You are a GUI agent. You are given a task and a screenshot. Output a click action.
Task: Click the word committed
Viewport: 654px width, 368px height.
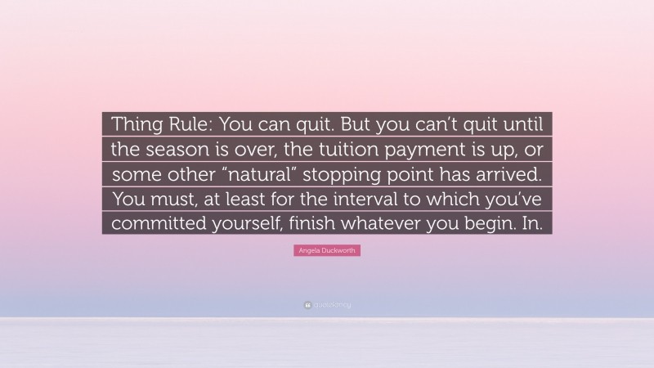click(x=154, y=222)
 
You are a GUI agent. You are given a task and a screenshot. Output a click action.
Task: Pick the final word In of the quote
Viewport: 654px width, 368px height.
click(x=535, y=222)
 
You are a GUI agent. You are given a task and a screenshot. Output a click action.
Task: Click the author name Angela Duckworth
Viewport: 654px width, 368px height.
click(x=326, y=252)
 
